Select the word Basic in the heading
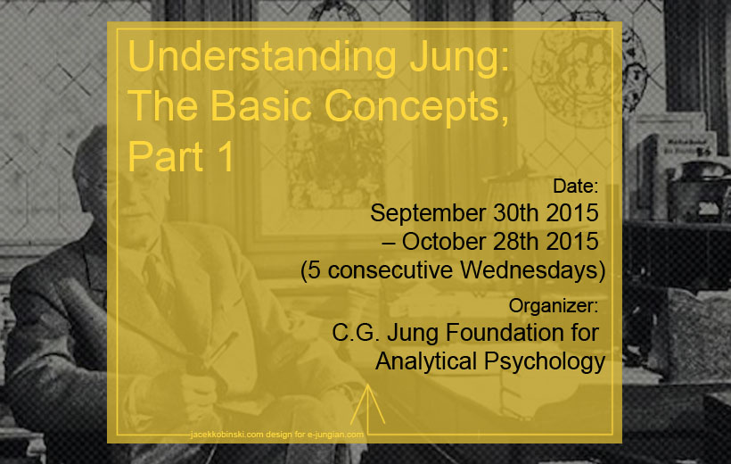(x=260, y=105)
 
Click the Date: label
(x=575, y=186)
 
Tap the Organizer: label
(x=554, y=306)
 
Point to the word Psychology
(x=545, y=362)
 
